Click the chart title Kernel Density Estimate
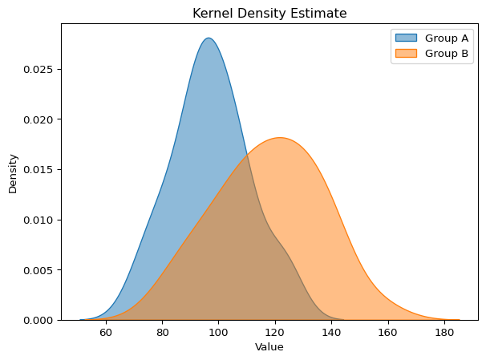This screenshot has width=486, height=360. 269,13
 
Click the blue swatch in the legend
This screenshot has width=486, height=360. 406,38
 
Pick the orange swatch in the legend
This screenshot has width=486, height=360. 406,54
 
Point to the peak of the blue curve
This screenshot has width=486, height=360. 209,38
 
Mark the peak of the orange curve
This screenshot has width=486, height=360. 279,138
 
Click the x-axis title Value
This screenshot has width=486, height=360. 269,347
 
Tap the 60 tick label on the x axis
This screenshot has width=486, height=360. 105,333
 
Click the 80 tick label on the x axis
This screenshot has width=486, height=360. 162,333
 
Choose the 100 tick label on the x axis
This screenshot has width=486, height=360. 218,333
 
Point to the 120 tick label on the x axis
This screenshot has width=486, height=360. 275,333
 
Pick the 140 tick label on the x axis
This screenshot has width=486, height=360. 331,333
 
